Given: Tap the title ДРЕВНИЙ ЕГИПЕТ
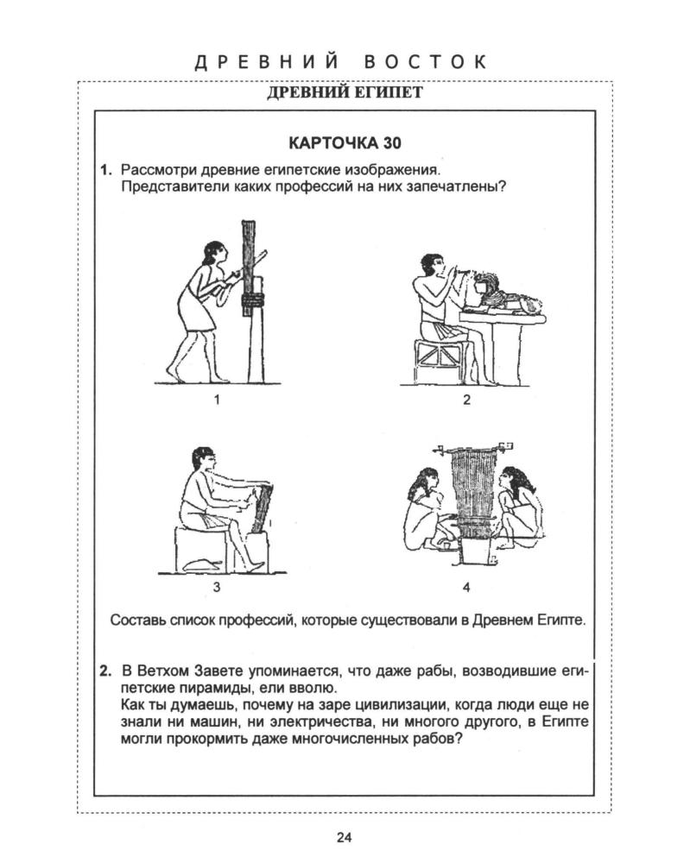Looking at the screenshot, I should [x=346, y=92].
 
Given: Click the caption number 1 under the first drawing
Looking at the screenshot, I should [x=217, y=399].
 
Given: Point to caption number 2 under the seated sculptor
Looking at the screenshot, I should [x=465, y=399].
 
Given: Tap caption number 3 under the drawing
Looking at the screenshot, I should [x=217, y=588].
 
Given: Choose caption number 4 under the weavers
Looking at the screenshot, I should [x=466, y=588].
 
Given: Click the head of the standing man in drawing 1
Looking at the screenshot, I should [x=212, y=255].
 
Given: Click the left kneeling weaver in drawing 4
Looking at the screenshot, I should [x=425, y=509].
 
